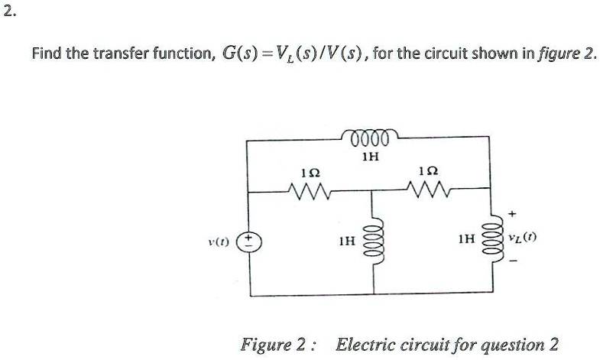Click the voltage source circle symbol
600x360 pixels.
click(248, 242)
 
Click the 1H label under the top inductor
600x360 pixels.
click(371, 157)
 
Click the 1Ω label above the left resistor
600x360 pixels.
click(311, 174)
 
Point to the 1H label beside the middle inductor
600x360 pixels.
click(347, 241)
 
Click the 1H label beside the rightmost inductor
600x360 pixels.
click(466, 239)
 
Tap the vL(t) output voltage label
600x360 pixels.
click(522, 238)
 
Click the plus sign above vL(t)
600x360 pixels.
click(513, 213)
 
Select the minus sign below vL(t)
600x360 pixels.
click(514, 261)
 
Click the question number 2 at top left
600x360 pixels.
click(10, 12)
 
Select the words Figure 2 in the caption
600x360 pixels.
click(272, 345)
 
